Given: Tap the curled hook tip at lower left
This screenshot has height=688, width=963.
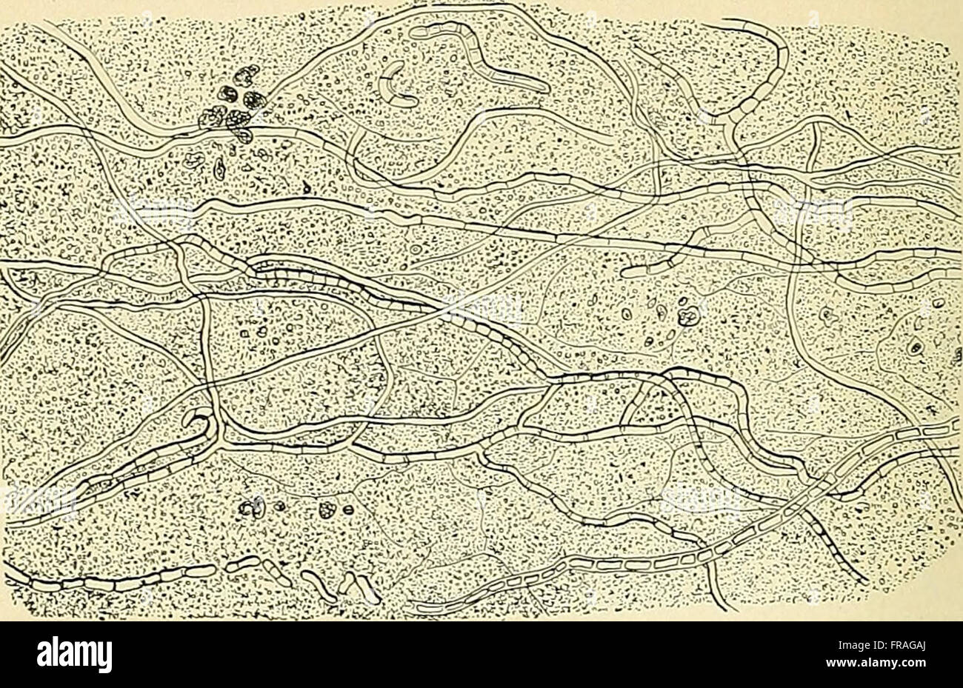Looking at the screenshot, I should tap(197, 420).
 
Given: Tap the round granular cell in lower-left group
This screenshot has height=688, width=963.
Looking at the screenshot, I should tap(324, 510).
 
